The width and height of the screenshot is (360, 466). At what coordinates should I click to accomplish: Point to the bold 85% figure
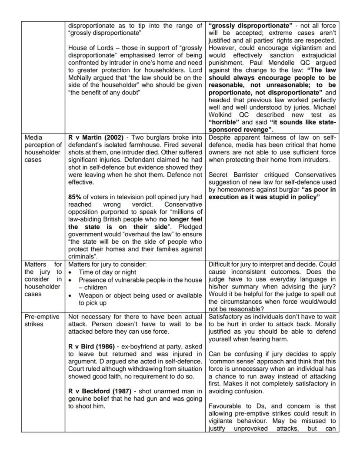pyautogui.click(x=75, y=197)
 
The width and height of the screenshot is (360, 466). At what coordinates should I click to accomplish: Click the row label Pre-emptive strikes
pyautogui.click(x=42, y=320)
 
